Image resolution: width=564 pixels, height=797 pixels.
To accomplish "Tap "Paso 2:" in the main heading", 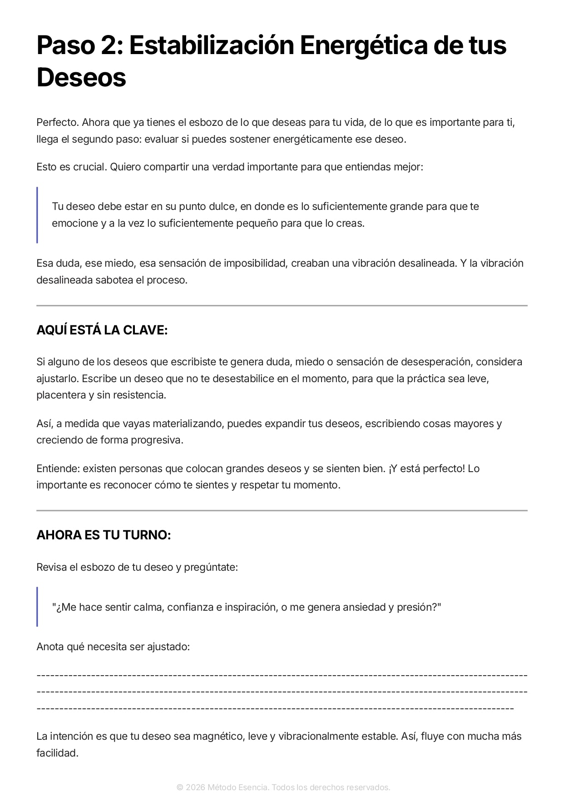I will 79,45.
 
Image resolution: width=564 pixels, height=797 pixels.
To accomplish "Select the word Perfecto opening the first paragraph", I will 58,123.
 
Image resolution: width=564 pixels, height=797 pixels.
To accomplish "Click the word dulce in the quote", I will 223,207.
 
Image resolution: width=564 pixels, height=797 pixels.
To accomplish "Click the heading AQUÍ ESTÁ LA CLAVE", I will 102,330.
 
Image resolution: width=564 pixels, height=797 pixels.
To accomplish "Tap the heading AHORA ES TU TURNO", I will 104,535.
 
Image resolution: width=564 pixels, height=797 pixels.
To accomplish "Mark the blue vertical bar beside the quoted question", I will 37,607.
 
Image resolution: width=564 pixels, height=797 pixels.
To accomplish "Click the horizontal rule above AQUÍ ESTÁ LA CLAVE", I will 282,306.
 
